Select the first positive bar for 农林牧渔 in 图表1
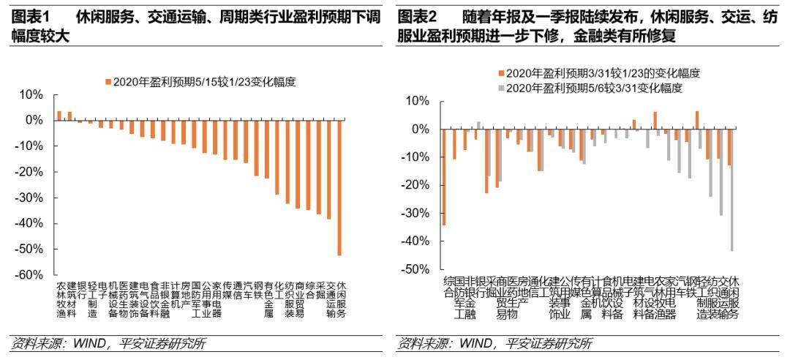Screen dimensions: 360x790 (x=59, y=116)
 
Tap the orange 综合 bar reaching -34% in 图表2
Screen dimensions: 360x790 (x=444, y=177)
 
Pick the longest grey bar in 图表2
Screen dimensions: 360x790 (x=732, y=190)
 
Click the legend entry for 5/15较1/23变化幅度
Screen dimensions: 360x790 (x=204, y=82)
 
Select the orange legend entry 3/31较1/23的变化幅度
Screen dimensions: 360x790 (x=603, y=73)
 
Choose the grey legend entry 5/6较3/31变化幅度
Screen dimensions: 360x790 (x=594, y=89)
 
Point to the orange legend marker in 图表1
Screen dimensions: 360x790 (x=108, y=82)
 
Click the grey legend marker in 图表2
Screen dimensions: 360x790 (x=500, y=89)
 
